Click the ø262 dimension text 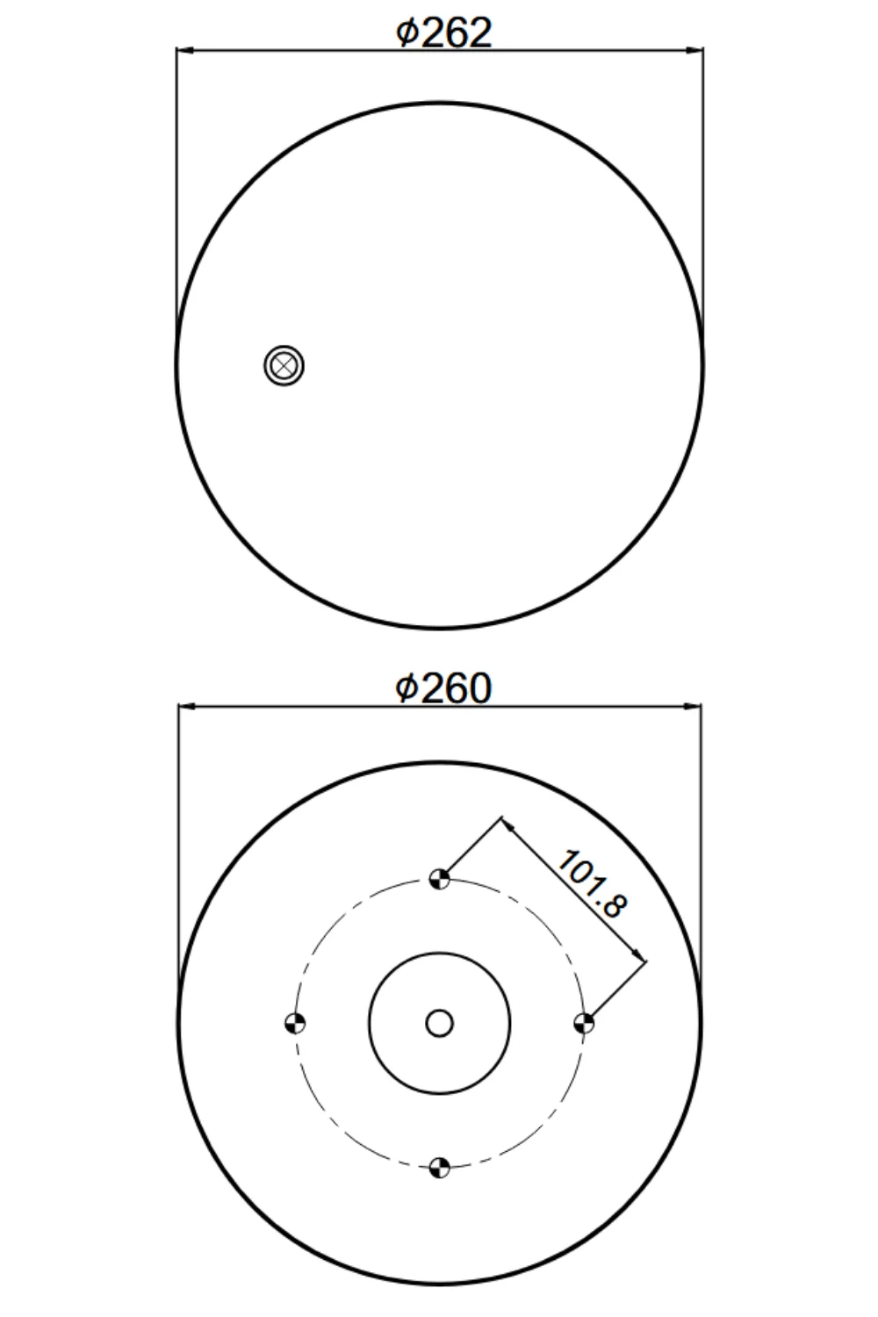[443, 32]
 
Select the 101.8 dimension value [592, 883]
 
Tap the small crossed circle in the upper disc [284, 365]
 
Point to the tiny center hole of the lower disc [439, 1024]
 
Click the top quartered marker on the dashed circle [439, 880]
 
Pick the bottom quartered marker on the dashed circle [439, 1168]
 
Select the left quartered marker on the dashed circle [295, 1024]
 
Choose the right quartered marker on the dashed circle [583, 1024]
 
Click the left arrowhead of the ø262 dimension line [185, 51]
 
